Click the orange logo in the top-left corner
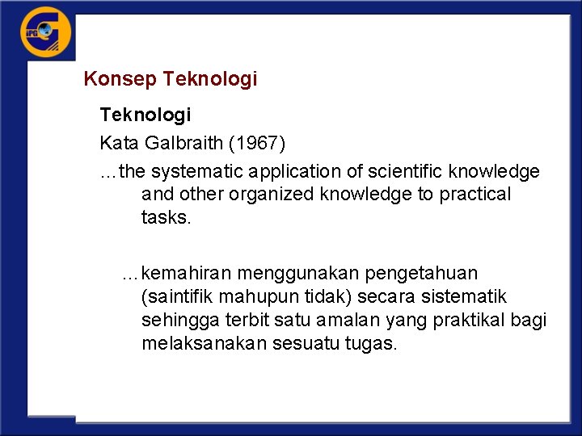point(45,32)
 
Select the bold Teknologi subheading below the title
point(145,115)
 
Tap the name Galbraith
point(184,144)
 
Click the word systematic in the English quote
point(197,172)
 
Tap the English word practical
point(475,195)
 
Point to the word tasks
point(165,217)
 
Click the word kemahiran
point(187,274)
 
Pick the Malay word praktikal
point(474,320)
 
